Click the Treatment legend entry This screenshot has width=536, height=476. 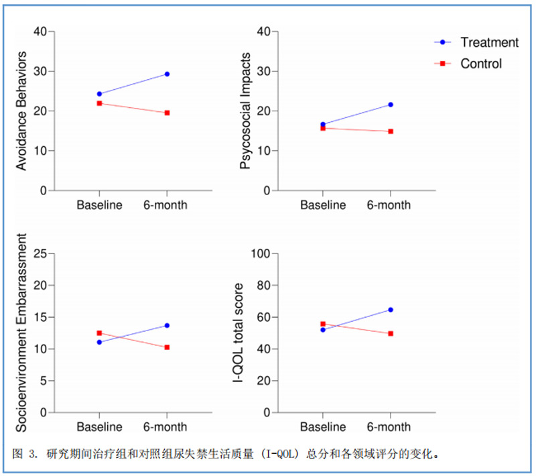(x=489, y=42)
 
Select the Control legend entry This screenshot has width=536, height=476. (x=480, y=64)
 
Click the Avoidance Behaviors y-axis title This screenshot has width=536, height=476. (x=22, y=111)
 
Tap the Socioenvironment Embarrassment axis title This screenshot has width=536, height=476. (x=22, y=333)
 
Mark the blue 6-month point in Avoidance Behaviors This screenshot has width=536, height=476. (x=167, y=74)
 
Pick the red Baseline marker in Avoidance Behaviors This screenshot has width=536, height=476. (x=99, y=103)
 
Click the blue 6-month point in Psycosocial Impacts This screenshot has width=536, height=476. (x=391, y=105)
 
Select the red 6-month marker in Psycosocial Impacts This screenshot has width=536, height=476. (x=391, y=131)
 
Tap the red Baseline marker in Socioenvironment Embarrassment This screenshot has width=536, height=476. (x=99, y=333)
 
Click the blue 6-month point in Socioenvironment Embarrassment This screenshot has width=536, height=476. (x=167, y=325)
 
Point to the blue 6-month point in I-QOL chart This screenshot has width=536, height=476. (x=391, y=310)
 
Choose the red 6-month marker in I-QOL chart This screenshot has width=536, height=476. (x=391, y=333)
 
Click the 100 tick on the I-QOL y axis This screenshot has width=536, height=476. (x=260, y=254)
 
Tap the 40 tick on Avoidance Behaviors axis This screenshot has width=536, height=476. (x=40, y=32)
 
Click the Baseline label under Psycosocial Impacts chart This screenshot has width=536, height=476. (x=322, y=205)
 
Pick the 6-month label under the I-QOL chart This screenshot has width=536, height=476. (x=389, y=427)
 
